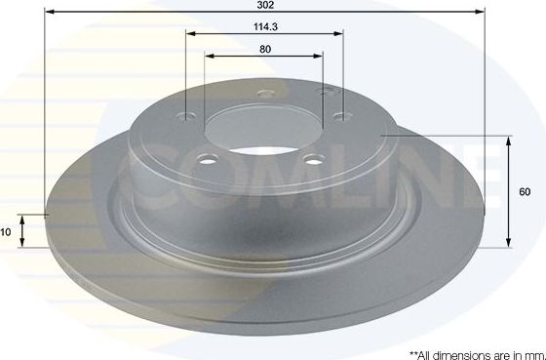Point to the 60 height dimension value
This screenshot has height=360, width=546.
click(x=524, y=191)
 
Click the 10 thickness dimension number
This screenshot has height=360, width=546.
click(x=6, y=232)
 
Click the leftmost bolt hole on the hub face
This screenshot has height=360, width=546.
click(x=188, y=119)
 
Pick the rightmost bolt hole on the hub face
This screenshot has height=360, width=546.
click(x=338, y=117)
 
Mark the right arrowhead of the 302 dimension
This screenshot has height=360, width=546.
click(x=480, y=13)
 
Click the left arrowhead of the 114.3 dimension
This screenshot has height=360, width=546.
click(x=191, y=34)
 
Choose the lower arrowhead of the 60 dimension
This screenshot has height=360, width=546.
click(x=509, y=241)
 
